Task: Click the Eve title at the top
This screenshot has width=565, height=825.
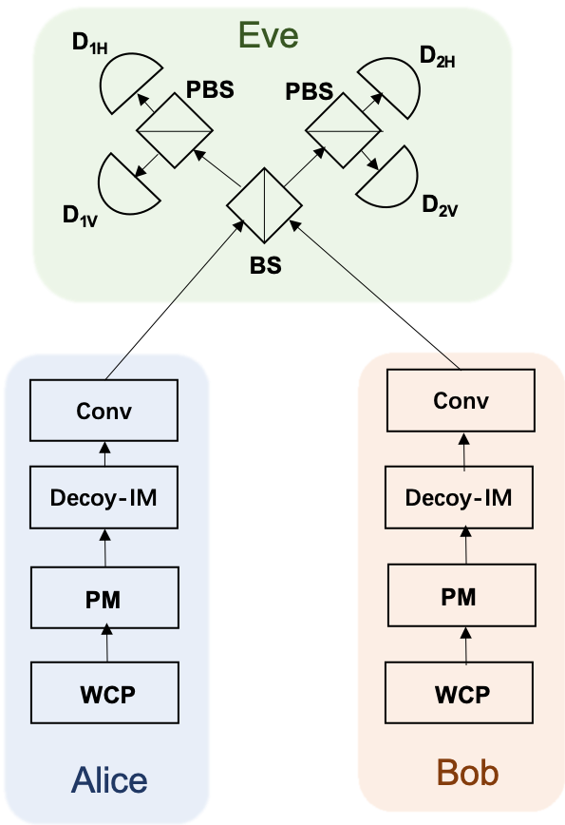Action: [268, 35]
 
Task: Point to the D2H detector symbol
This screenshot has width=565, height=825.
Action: [389, 81]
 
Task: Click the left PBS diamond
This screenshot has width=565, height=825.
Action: [172, 129]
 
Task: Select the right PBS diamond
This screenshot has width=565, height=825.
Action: [341, 127]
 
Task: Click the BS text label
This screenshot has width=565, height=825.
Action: [265, 265]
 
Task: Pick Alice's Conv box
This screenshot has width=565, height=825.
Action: [104, 411]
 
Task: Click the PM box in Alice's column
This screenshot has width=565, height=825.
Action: [104, 598]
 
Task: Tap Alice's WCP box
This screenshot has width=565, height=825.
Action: [104, 693]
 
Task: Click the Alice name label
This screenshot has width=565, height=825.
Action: [109, 781]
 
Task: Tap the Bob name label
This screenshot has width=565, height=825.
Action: [466, 773]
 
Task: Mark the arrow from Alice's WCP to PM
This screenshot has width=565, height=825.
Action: [106, 644]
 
